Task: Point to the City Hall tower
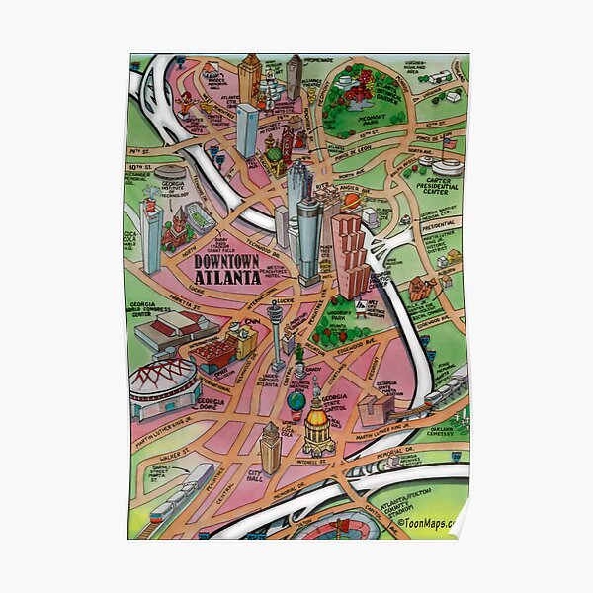pos(270,448)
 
